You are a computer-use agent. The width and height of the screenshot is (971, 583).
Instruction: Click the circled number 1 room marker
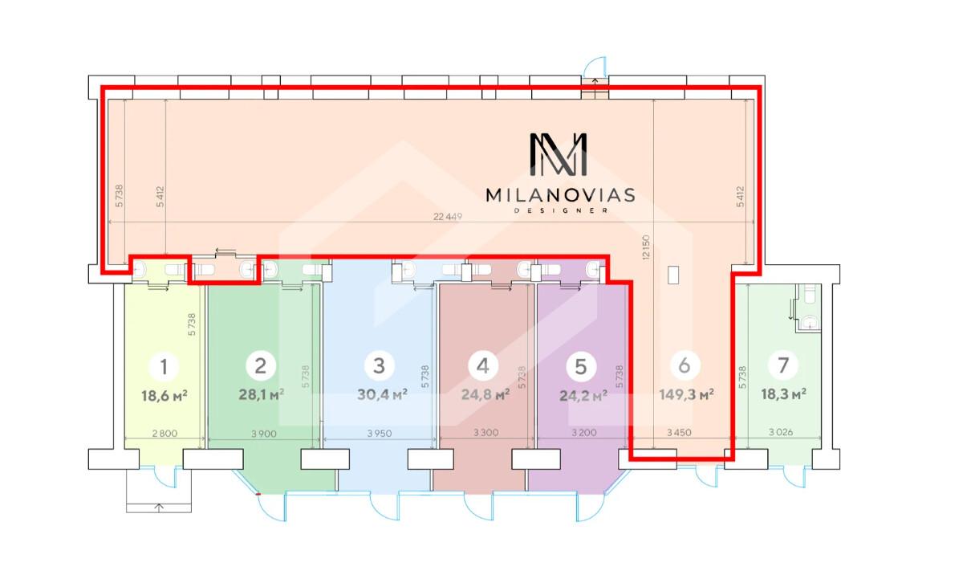coord(164,366)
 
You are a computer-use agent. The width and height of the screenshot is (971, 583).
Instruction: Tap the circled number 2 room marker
coord(261,365)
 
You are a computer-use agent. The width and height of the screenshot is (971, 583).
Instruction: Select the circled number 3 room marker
coord(379,365)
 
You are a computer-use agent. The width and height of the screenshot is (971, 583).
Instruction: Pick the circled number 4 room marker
coord(483,365)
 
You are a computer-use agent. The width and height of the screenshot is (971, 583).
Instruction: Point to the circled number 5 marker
coord(581,366)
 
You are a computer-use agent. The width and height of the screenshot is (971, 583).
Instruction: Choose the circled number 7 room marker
coord(783,365)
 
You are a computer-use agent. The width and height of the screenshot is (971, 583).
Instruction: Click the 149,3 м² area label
coord(687,395)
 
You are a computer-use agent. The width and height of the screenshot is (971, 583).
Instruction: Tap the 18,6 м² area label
coord(165,396)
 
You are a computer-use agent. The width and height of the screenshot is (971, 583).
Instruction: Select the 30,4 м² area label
coord(382,394)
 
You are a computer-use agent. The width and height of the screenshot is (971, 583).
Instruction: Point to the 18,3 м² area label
coord(784,394)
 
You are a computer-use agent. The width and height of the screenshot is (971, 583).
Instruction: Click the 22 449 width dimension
coord(448,217)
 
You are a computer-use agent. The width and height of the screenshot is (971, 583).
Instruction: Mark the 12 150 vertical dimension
coord(646,247)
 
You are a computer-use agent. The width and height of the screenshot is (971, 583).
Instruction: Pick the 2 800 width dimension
coord(165,433)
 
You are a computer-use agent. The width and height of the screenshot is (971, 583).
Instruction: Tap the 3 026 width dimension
coord(781,432)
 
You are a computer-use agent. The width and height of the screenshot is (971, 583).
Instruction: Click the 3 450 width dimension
coord(679,433)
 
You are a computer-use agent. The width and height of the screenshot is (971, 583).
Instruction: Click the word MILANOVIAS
coord(561,195)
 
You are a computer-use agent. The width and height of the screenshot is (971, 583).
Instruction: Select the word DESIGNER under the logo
coord(561,211)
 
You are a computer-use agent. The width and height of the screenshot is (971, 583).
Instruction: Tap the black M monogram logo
coord(559,154)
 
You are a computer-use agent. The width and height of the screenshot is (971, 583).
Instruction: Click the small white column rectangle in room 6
coord(673,275)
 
